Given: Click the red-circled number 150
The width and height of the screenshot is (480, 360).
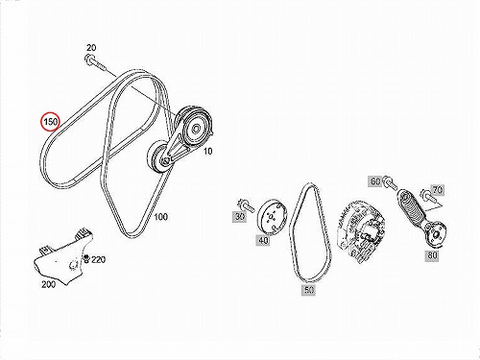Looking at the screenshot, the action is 51,122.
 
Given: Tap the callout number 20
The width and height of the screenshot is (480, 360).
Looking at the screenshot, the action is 91,48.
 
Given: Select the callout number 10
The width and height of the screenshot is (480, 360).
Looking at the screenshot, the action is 208,151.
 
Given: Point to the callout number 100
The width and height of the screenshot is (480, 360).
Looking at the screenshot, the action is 161,217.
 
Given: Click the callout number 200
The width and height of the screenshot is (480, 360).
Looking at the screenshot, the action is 48,284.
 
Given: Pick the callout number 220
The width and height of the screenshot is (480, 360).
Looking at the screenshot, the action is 98,259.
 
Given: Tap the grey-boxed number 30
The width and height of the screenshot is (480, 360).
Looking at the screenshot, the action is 240,217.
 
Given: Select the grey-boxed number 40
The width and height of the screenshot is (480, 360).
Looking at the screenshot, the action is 263,240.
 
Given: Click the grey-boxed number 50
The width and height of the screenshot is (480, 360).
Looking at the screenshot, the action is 308,290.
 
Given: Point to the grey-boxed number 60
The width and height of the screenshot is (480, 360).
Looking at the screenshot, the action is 375,181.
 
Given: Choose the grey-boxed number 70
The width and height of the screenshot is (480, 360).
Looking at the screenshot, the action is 438,190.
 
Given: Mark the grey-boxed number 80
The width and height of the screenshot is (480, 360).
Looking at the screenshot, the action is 432,255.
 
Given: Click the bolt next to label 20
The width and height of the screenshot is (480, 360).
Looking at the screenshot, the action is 95,64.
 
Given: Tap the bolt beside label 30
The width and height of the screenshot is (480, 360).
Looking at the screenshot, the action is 246,205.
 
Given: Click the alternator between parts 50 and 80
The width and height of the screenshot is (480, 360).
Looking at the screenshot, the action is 361,230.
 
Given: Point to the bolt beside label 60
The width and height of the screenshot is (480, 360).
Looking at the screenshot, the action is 390,182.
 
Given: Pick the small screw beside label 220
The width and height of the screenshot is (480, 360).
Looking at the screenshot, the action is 86,258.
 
